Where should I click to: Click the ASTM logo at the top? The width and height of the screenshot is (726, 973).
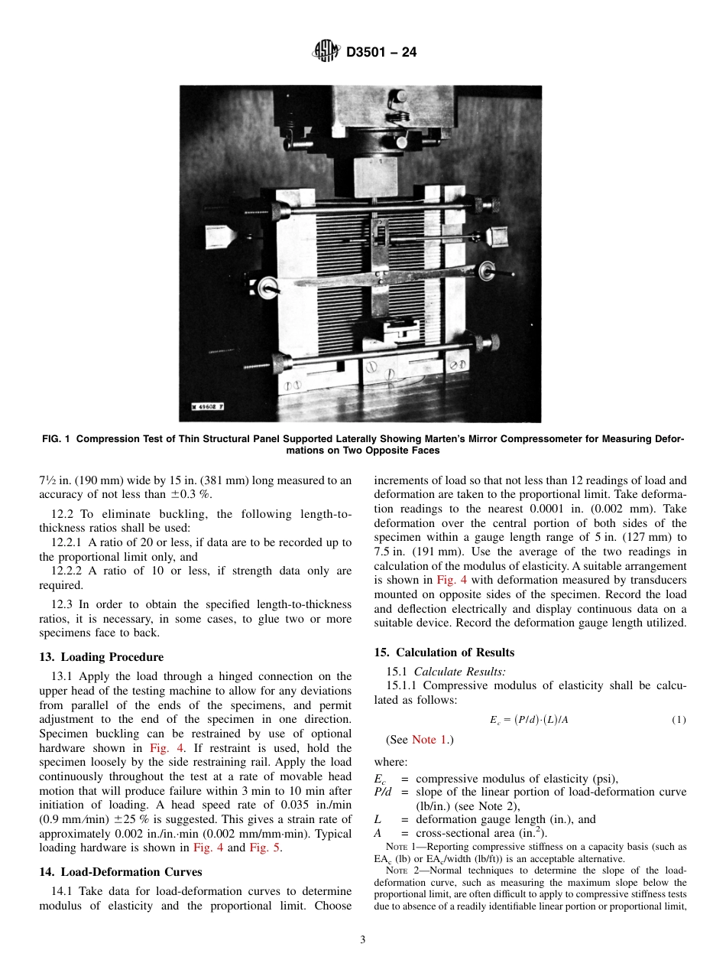point(327,52)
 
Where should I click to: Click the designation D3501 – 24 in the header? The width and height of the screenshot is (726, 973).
point(381,53)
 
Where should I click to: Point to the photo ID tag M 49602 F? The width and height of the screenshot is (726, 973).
point(208,407)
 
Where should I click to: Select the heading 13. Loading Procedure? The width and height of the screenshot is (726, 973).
point(101,657)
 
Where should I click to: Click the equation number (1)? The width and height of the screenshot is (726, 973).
point(679,721)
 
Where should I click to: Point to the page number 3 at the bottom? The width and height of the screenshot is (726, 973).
point(363,940)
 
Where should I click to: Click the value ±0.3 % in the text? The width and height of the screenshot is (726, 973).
point(186,495)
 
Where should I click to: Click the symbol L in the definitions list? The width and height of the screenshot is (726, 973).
point(378,819)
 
